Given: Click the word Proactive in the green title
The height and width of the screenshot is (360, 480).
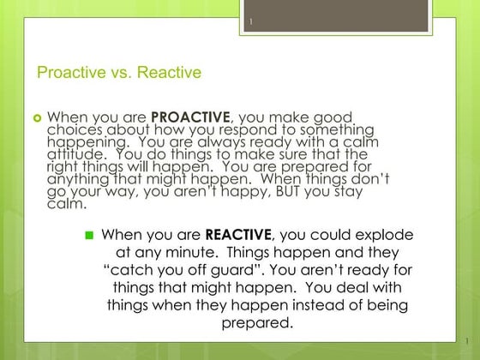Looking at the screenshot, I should pyautogui.click(x=69, y=72).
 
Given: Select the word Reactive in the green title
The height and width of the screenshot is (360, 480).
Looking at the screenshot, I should pyautogui.click(x=170, y=72).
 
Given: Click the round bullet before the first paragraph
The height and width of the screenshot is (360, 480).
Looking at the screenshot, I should pyautogui.click(x=37, y=116).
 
